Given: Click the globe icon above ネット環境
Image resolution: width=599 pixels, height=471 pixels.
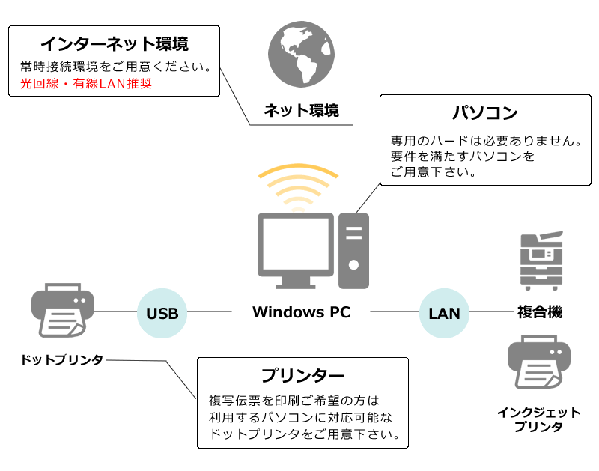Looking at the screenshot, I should (301, 54).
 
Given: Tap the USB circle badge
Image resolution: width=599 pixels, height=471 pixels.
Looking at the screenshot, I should (162, 312).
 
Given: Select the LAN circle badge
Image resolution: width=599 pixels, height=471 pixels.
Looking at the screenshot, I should (444, 312).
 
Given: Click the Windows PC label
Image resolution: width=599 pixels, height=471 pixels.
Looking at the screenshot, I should (301, 312).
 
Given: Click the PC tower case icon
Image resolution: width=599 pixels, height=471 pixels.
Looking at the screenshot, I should (353, 250).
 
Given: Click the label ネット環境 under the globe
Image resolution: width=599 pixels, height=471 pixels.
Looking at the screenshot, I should (301, 111).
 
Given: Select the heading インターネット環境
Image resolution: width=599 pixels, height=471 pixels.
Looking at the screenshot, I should (114, 43).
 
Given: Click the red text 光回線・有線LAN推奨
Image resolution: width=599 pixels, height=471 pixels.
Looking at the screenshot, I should (86, 83).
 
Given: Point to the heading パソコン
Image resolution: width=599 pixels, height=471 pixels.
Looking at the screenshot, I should (485, 114).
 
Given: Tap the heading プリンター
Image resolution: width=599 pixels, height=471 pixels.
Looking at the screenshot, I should (302, 375).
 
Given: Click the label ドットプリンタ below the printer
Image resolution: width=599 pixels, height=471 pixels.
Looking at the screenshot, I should (62, 360).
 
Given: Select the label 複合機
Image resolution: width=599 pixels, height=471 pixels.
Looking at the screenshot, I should (539, 312).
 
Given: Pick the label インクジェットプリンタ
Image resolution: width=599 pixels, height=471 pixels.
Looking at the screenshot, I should (539, 419).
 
